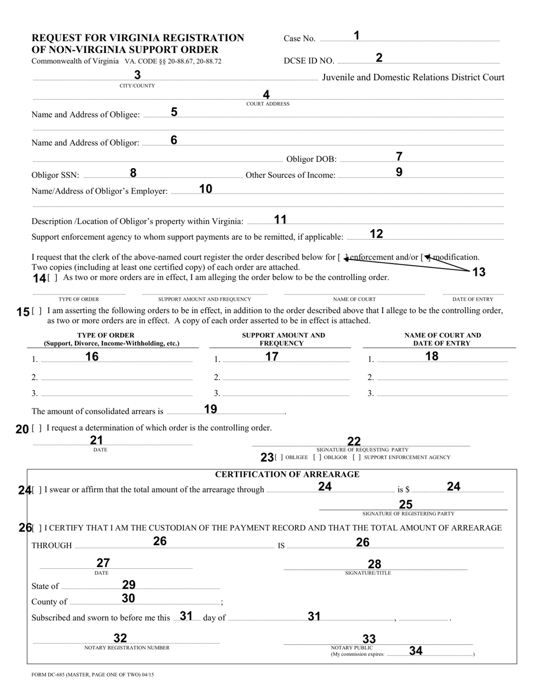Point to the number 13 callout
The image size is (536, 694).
click(478, 273)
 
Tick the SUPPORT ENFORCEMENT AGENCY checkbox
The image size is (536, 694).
click(357, 458)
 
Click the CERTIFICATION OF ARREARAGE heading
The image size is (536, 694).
click(287, 475)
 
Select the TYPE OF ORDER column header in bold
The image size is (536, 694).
click(106, 335)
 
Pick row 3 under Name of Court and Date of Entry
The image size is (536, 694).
click(442, 394)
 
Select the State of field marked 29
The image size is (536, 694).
click(140, 586)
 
